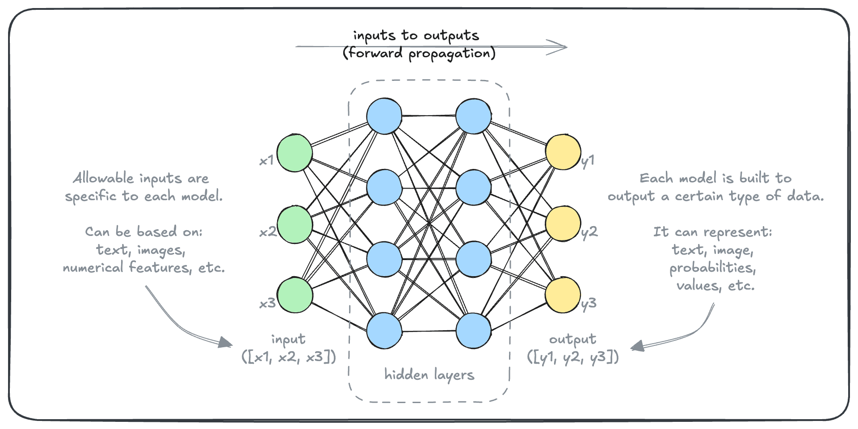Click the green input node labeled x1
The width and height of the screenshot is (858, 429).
(x=294, y=152)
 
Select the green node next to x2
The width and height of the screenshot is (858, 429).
(x=294, y=224)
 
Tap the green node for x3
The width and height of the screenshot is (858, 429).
(x=294, y=295)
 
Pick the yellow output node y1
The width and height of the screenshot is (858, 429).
(x=563, y=152)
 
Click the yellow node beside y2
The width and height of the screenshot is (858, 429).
(x=563, y=223)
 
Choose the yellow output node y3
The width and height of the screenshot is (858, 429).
(x=563, y=295)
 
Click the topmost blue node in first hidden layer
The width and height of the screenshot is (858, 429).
(x=384, y=116)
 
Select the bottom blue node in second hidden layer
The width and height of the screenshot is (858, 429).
(x=473, y=331)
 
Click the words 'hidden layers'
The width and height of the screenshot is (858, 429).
(x=429, y=374)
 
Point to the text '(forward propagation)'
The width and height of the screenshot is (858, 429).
(x=419, y=54)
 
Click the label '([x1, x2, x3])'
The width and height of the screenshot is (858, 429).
(x=289, y=357)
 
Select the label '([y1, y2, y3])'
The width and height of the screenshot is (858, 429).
(x=573, y=357)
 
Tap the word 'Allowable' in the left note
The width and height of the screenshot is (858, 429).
(x=104, y=178)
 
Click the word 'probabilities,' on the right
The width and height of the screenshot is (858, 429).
(x=712, y=268)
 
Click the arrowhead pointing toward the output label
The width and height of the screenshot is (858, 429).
(x=636, y=346)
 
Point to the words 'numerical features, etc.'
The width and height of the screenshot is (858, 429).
(x=143, y=268)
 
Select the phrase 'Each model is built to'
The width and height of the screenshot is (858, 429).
(x=715, y=178)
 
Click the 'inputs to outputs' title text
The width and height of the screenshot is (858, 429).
(x=416, y=35)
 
